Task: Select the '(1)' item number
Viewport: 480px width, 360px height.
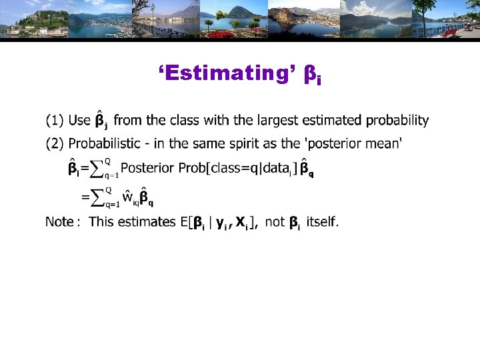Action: point(55,121)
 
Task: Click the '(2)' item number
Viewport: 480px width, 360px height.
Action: point(55,143)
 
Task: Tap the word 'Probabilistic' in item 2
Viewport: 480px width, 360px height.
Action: point(104,143)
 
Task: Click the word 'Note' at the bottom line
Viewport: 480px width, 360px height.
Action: point(59,222)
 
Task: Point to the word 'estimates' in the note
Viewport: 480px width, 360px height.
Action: point(149,222)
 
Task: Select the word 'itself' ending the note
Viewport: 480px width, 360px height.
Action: point(322,222)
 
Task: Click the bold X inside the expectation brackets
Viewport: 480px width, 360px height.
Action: point(241,222)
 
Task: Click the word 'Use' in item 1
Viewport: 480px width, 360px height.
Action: point(79,121)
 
